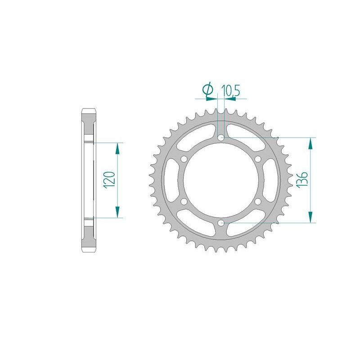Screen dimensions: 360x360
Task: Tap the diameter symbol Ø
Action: coord(208,90)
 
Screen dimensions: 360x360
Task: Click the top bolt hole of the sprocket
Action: coord(220,137)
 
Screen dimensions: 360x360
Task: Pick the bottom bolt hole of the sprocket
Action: coord(220,223)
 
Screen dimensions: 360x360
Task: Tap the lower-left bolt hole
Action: coord(184,201)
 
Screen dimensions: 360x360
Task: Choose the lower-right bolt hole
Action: coord(257,201)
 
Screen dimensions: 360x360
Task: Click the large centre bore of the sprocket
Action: coord(220,180)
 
